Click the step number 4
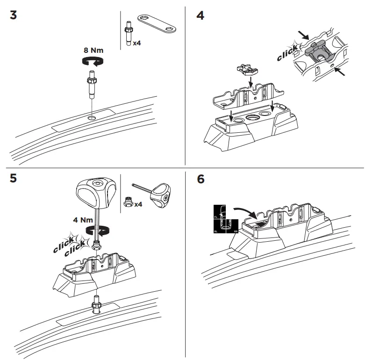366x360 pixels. [x=200, y=15]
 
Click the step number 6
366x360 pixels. [x=201, y=180]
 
